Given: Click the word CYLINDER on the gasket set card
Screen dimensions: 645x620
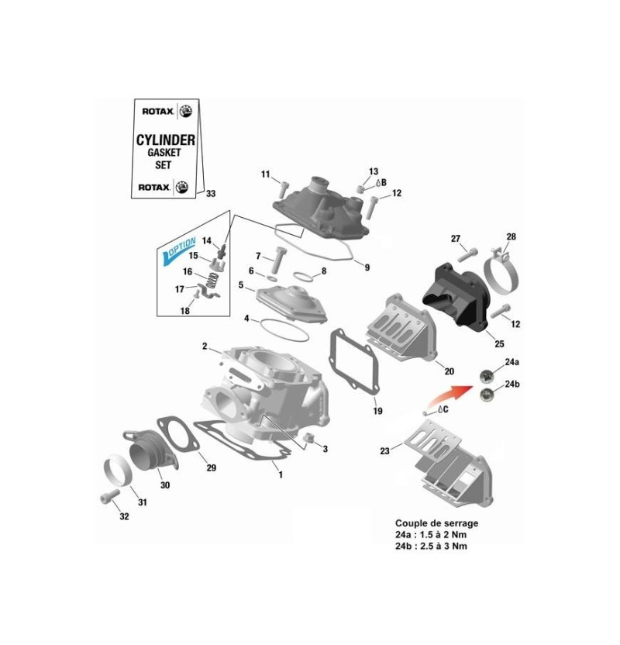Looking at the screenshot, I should (165, 140).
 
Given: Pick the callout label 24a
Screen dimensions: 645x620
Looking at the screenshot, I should (511, 362).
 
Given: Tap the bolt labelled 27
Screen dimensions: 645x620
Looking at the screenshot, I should (467, 251).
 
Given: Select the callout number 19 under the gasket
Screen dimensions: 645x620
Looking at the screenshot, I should (377, 410).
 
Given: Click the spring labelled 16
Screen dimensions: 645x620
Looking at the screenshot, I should (215, 273).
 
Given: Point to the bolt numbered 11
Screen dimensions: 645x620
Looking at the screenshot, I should (282, 185).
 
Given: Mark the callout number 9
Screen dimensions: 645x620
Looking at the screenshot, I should (367, 267).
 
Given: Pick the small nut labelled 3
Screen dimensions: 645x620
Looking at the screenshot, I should (307, 442).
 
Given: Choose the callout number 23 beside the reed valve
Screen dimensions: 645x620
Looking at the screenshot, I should (385, 451).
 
